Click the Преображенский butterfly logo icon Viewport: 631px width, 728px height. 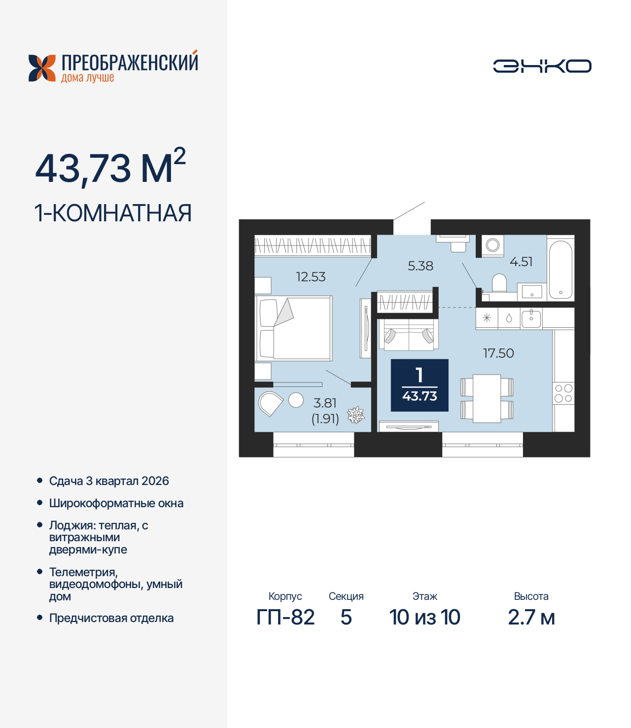tap(42, 68)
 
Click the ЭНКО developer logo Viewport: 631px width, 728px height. tap(542, 66)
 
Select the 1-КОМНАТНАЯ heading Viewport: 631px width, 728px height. tap(113, 213)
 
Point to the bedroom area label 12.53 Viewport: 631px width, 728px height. tap(311, 277)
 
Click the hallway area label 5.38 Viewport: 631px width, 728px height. tap(420, 266)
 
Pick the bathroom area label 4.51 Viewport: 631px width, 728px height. tap(521, 262)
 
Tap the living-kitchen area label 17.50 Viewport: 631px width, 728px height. tap(498, 353)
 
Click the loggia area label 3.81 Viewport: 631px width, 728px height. tap(325, 403)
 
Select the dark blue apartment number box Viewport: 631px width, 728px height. tap(420, 385)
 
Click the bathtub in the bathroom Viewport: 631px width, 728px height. tap(561, 270)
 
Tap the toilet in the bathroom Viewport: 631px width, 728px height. tap(499, 283)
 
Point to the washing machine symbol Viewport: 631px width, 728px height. tap(492, 245)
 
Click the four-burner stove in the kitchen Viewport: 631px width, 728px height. tap(563, 393)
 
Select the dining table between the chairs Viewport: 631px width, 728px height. tap(487, 398)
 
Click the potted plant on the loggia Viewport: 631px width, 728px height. tap(355, 415)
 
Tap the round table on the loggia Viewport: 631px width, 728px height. tap(296, 400)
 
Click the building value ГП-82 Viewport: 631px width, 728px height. tap(285, 617)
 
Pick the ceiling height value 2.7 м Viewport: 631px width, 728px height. tap(531, 617)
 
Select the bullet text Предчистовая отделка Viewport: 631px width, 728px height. tap(111, 618)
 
